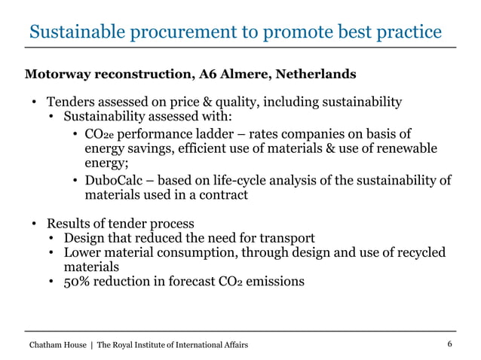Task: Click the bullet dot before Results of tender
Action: click(34, 224)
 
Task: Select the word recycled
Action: click(418, 252)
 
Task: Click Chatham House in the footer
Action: click(56, 345)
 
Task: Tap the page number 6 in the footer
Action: click(449, 344)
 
